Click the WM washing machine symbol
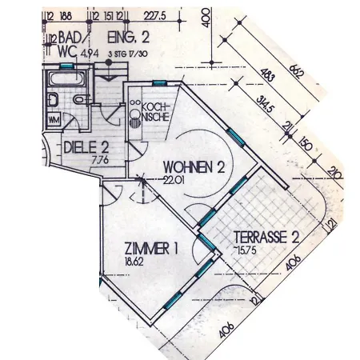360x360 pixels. (x=55, y=119)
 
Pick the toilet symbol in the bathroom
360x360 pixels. (x=52, y=99)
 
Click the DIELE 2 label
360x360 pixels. (x=83, y=146)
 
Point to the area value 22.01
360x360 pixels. (x=174, y=180)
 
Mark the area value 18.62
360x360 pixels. (x=134, y=262)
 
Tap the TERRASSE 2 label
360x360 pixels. (x=266, y=237)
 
